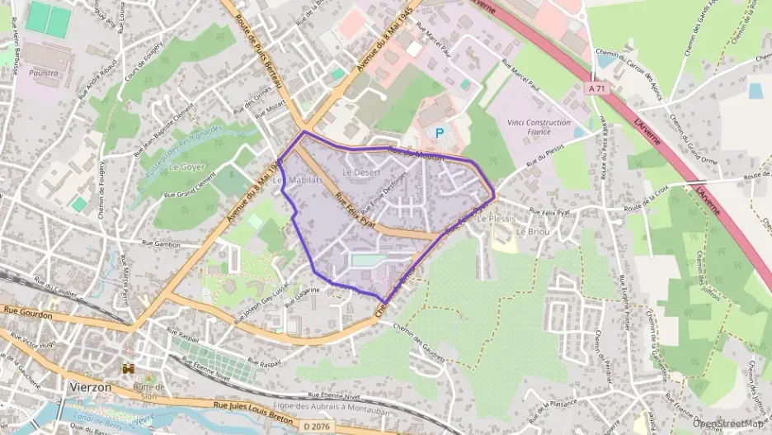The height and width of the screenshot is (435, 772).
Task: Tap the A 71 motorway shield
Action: [x=596, y=87]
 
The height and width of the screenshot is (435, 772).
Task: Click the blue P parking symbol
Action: [x=440, y=132]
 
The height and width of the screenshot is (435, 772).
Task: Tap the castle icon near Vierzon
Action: [x=129, y=368]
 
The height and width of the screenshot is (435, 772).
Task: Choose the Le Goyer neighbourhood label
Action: [x=186, y=166]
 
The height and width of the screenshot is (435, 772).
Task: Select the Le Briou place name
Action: [x=532, y=232]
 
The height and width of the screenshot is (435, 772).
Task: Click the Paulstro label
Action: [x=42, y=73]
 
